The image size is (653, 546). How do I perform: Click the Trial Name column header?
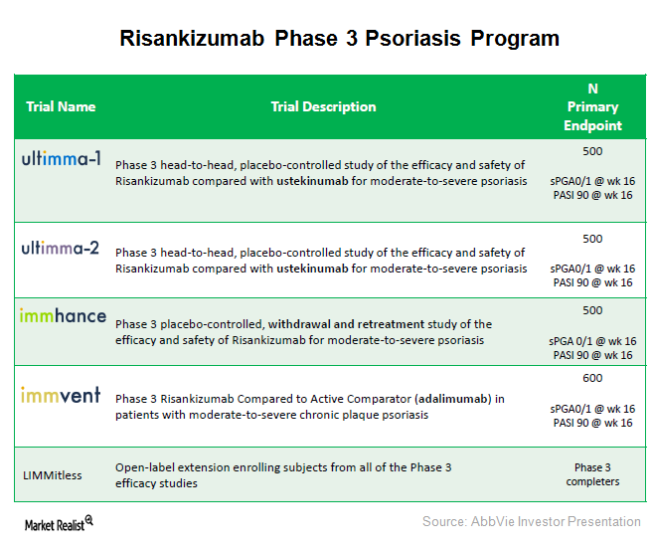click(x=61, y=106)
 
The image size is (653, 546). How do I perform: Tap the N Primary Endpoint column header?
click(x=592, y=106)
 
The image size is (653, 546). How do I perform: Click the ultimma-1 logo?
click(x=61, y=157)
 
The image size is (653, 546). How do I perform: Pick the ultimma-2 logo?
click(x=61, y=249)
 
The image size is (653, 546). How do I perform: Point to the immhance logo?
click(x=63, y=315)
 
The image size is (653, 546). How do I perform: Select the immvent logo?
click(x=61, y=395)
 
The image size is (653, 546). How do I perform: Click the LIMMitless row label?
click(x=55, y=474)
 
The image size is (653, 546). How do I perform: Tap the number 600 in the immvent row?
click(x=592, y=378)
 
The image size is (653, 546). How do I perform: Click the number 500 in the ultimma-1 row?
click(x=592, y=151)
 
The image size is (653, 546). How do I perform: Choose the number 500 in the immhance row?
click(x=592, y=309)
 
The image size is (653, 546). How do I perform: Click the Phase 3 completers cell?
click(x=592, y=474)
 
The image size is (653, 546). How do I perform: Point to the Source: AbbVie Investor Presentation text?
click(x=531, y=521)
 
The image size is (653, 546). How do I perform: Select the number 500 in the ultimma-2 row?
click(x=592, y=239)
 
